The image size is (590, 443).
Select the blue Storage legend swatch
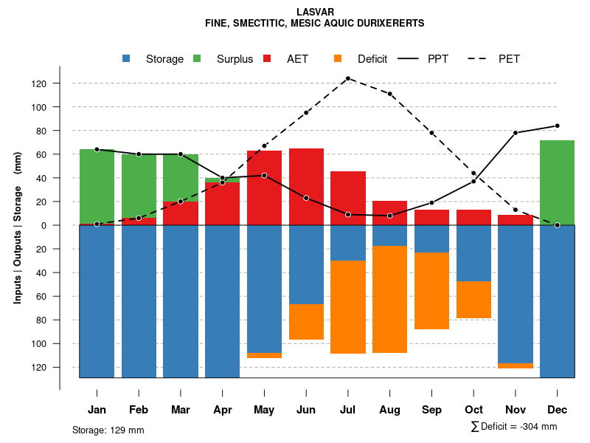[128, 59]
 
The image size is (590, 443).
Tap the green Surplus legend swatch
[197, 59]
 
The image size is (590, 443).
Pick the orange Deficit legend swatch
[339, 59]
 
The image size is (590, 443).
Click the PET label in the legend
[509, 59]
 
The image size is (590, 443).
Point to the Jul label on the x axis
[348, 410]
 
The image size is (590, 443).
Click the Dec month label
[558, 410]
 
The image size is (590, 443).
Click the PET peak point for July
[348, 78]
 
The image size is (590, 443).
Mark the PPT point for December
[558, 126]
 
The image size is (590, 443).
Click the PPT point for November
[516, 133]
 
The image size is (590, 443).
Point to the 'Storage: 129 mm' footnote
[108, 430]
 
